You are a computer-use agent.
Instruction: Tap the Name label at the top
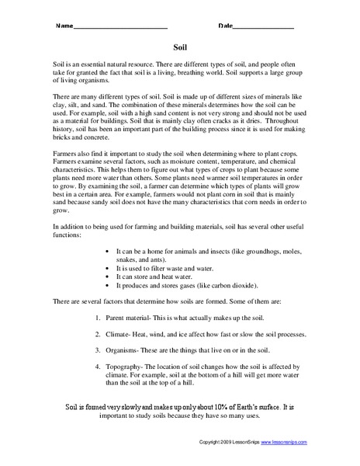[x=63, y=26]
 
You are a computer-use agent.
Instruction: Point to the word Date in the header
[x=226, y=26]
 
